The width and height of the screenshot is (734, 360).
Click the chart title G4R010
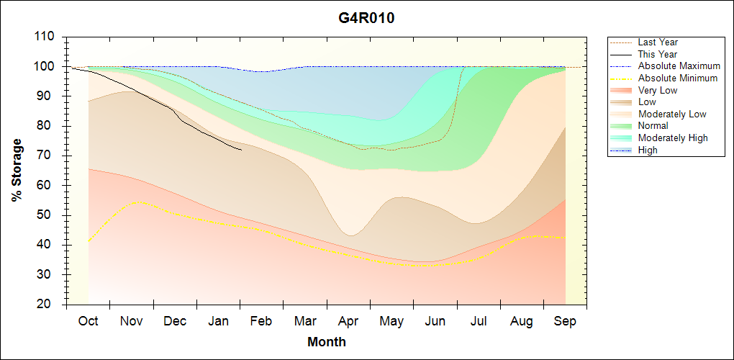tap(366, 18)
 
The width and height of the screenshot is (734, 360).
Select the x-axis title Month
tap(327, 342)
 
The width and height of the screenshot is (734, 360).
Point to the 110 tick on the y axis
tap(45, 37)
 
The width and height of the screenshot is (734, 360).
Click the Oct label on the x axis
tap(88, 321)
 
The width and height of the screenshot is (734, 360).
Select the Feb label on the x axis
tap(261, 321)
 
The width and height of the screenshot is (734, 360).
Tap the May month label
tap(391, 321)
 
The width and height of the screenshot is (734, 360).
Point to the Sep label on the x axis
tap(565, 321)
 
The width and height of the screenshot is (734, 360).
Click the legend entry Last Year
tap(658, 42)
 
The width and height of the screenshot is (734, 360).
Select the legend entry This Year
tap(657, 54)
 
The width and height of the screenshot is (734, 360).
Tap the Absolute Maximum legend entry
tap(679, 66)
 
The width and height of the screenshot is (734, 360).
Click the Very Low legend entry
tap(658, 90)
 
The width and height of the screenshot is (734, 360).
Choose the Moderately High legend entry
tap(673, 138)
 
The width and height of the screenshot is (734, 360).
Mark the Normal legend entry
tap(653, 126)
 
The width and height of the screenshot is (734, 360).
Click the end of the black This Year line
tap(241, 150)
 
